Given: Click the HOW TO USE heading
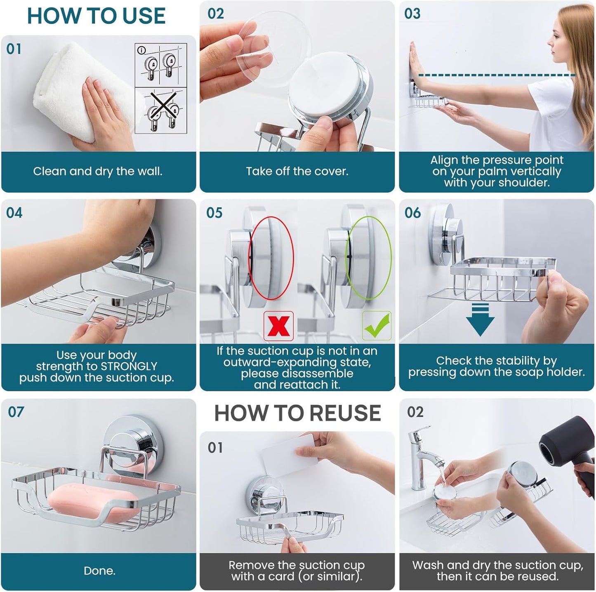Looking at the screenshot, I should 96,16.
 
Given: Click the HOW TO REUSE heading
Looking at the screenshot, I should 297,413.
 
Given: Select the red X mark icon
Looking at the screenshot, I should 278,326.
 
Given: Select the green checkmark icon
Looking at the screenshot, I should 376,326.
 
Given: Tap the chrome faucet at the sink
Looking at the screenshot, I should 421,458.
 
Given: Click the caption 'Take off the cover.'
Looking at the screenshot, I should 297,171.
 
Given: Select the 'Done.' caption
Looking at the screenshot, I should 99,571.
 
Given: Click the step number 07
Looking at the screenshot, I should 16,412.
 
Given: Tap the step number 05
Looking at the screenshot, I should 214,213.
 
